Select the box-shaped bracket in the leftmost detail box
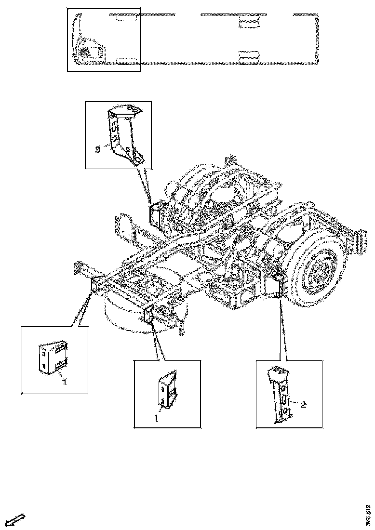pos(53,357)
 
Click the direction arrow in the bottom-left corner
pos(14,519)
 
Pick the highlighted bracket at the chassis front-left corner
pos(95,285)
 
